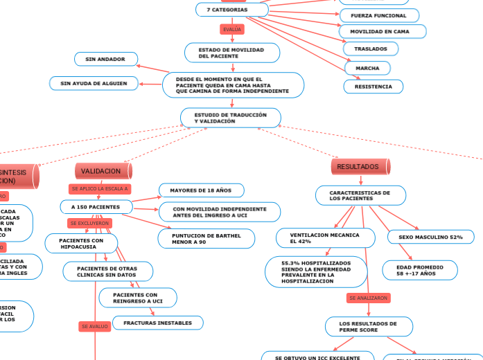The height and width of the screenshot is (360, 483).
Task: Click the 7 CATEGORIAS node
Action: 232,10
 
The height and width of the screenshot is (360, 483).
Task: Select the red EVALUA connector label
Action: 231,29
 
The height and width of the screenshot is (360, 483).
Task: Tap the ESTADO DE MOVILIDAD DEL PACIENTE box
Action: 232,53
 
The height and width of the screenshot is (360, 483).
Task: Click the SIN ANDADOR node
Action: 105,60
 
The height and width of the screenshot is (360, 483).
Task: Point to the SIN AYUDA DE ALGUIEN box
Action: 94,83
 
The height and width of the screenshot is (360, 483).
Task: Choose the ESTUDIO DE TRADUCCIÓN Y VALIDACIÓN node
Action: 231,118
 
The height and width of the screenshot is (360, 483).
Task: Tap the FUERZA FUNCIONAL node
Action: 378,15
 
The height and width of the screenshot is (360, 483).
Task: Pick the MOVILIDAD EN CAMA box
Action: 382,32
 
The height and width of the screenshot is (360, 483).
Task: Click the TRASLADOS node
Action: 371,49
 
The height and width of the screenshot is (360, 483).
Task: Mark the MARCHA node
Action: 367,69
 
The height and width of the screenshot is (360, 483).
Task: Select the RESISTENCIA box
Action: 373,87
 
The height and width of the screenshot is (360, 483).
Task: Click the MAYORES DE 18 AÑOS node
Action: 201,190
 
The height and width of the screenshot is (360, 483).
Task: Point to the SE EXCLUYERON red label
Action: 89,224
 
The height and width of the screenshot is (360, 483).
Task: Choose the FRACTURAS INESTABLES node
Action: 158,323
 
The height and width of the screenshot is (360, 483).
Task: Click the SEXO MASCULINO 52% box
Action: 431,237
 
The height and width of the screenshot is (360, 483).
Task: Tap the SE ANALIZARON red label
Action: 369,298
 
